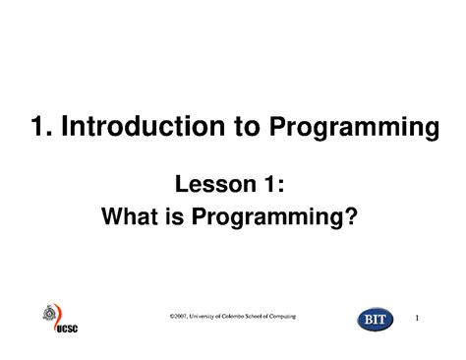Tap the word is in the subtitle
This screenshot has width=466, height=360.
183,213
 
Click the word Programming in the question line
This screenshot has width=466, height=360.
270,215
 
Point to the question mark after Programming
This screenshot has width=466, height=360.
348,213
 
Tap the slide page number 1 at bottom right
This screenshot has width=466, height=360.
418,319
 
